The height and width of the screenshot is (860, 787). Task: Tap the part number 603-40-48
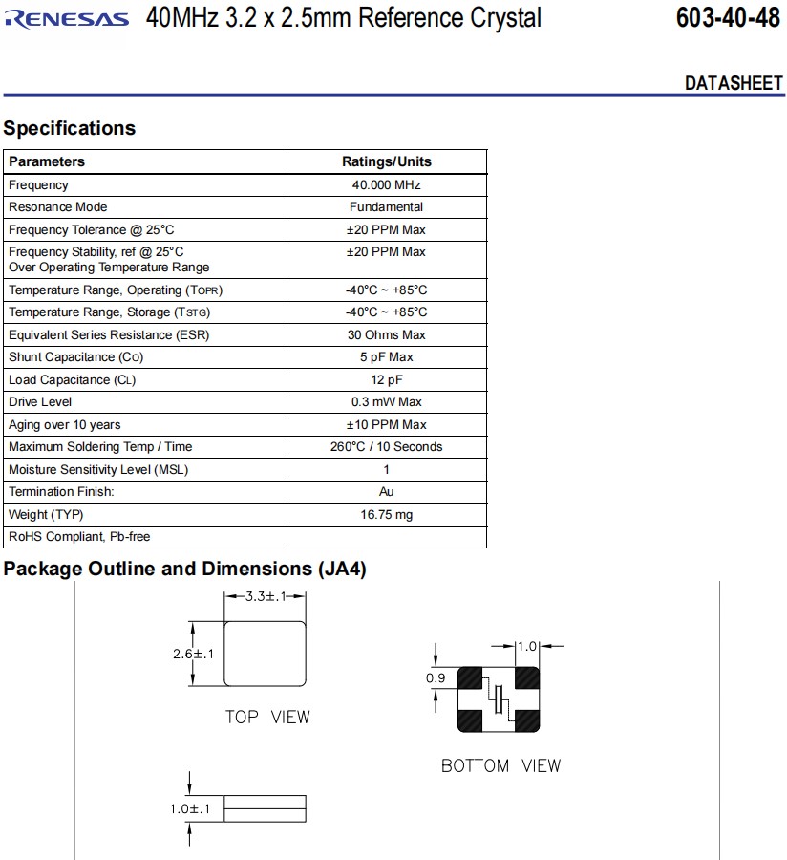coord(727,18)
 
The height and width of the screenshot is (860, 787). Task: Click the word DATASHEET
coord(734,83)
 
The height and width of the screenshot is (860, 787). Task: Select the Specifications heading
coord(70,128)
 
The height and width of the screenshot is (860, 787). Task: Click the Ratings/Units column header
coord(386,161)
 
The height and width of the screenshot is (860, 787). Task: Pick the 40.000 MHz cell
coord(386,184)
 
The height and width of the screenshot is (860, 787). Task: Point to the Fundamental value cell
coord(386,207)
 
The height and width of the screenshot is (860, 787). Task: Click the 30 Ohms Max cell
coord(386,334)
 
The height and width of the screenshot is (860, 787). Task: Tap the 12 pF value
coord(386,379)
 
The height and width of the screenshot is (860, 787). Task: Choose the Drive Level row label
coord(40,402)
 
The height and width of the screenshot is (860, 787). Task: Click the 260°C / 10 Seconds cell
coord(386,447)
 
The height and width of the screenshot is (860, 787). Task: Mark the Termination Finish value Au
coord(386,492)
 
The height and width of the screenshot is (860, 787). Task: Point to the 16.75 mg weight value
coord(386,515)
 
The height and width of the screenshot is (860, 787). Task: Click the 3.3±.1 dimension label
coord(266,597)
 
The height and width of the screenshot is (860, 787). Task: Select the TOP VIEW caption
coord(267,717)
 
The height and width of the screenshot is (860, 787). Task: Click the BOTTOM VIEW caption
coord(500,765)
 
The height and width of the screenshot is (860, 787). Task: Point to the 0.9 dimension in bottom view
coord(435,677)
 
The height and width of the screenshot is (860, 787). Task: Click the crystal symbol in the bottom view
coord(499,699)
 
